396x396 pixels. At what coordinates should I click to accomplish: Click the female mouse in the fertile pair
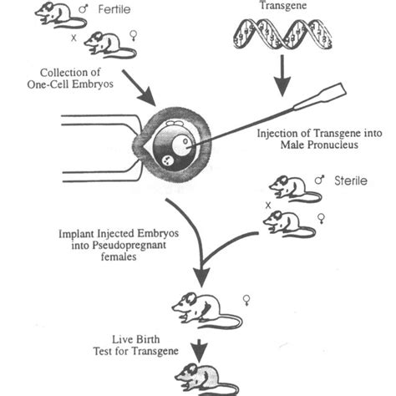click(108, 43)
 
